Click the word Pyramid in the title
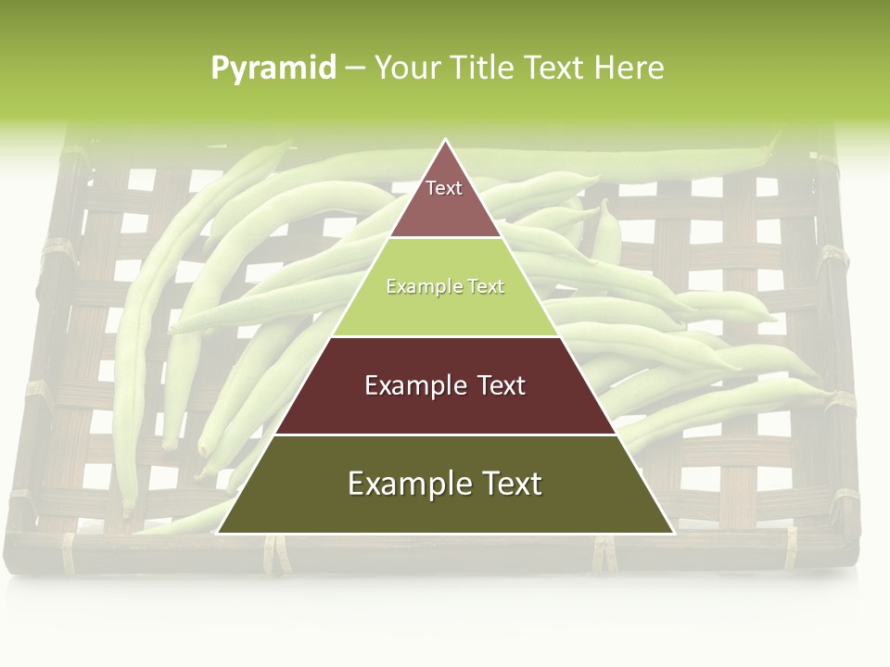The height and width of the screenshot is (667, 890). pyautogui.click(x=273, y=69)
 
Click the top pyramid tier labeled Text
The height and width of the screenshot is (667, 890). pyautogui.click(x=445, y=199)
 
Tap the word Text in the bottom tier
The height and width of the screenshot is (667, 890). pyautogui.click(x=509, y=484)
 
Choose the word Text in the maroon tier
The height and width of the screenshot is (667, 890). pyautogui.click(x=499, y=385)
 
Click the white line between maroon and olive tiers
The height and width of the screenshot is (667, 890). pyautogui.click(x=445, y=434)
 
